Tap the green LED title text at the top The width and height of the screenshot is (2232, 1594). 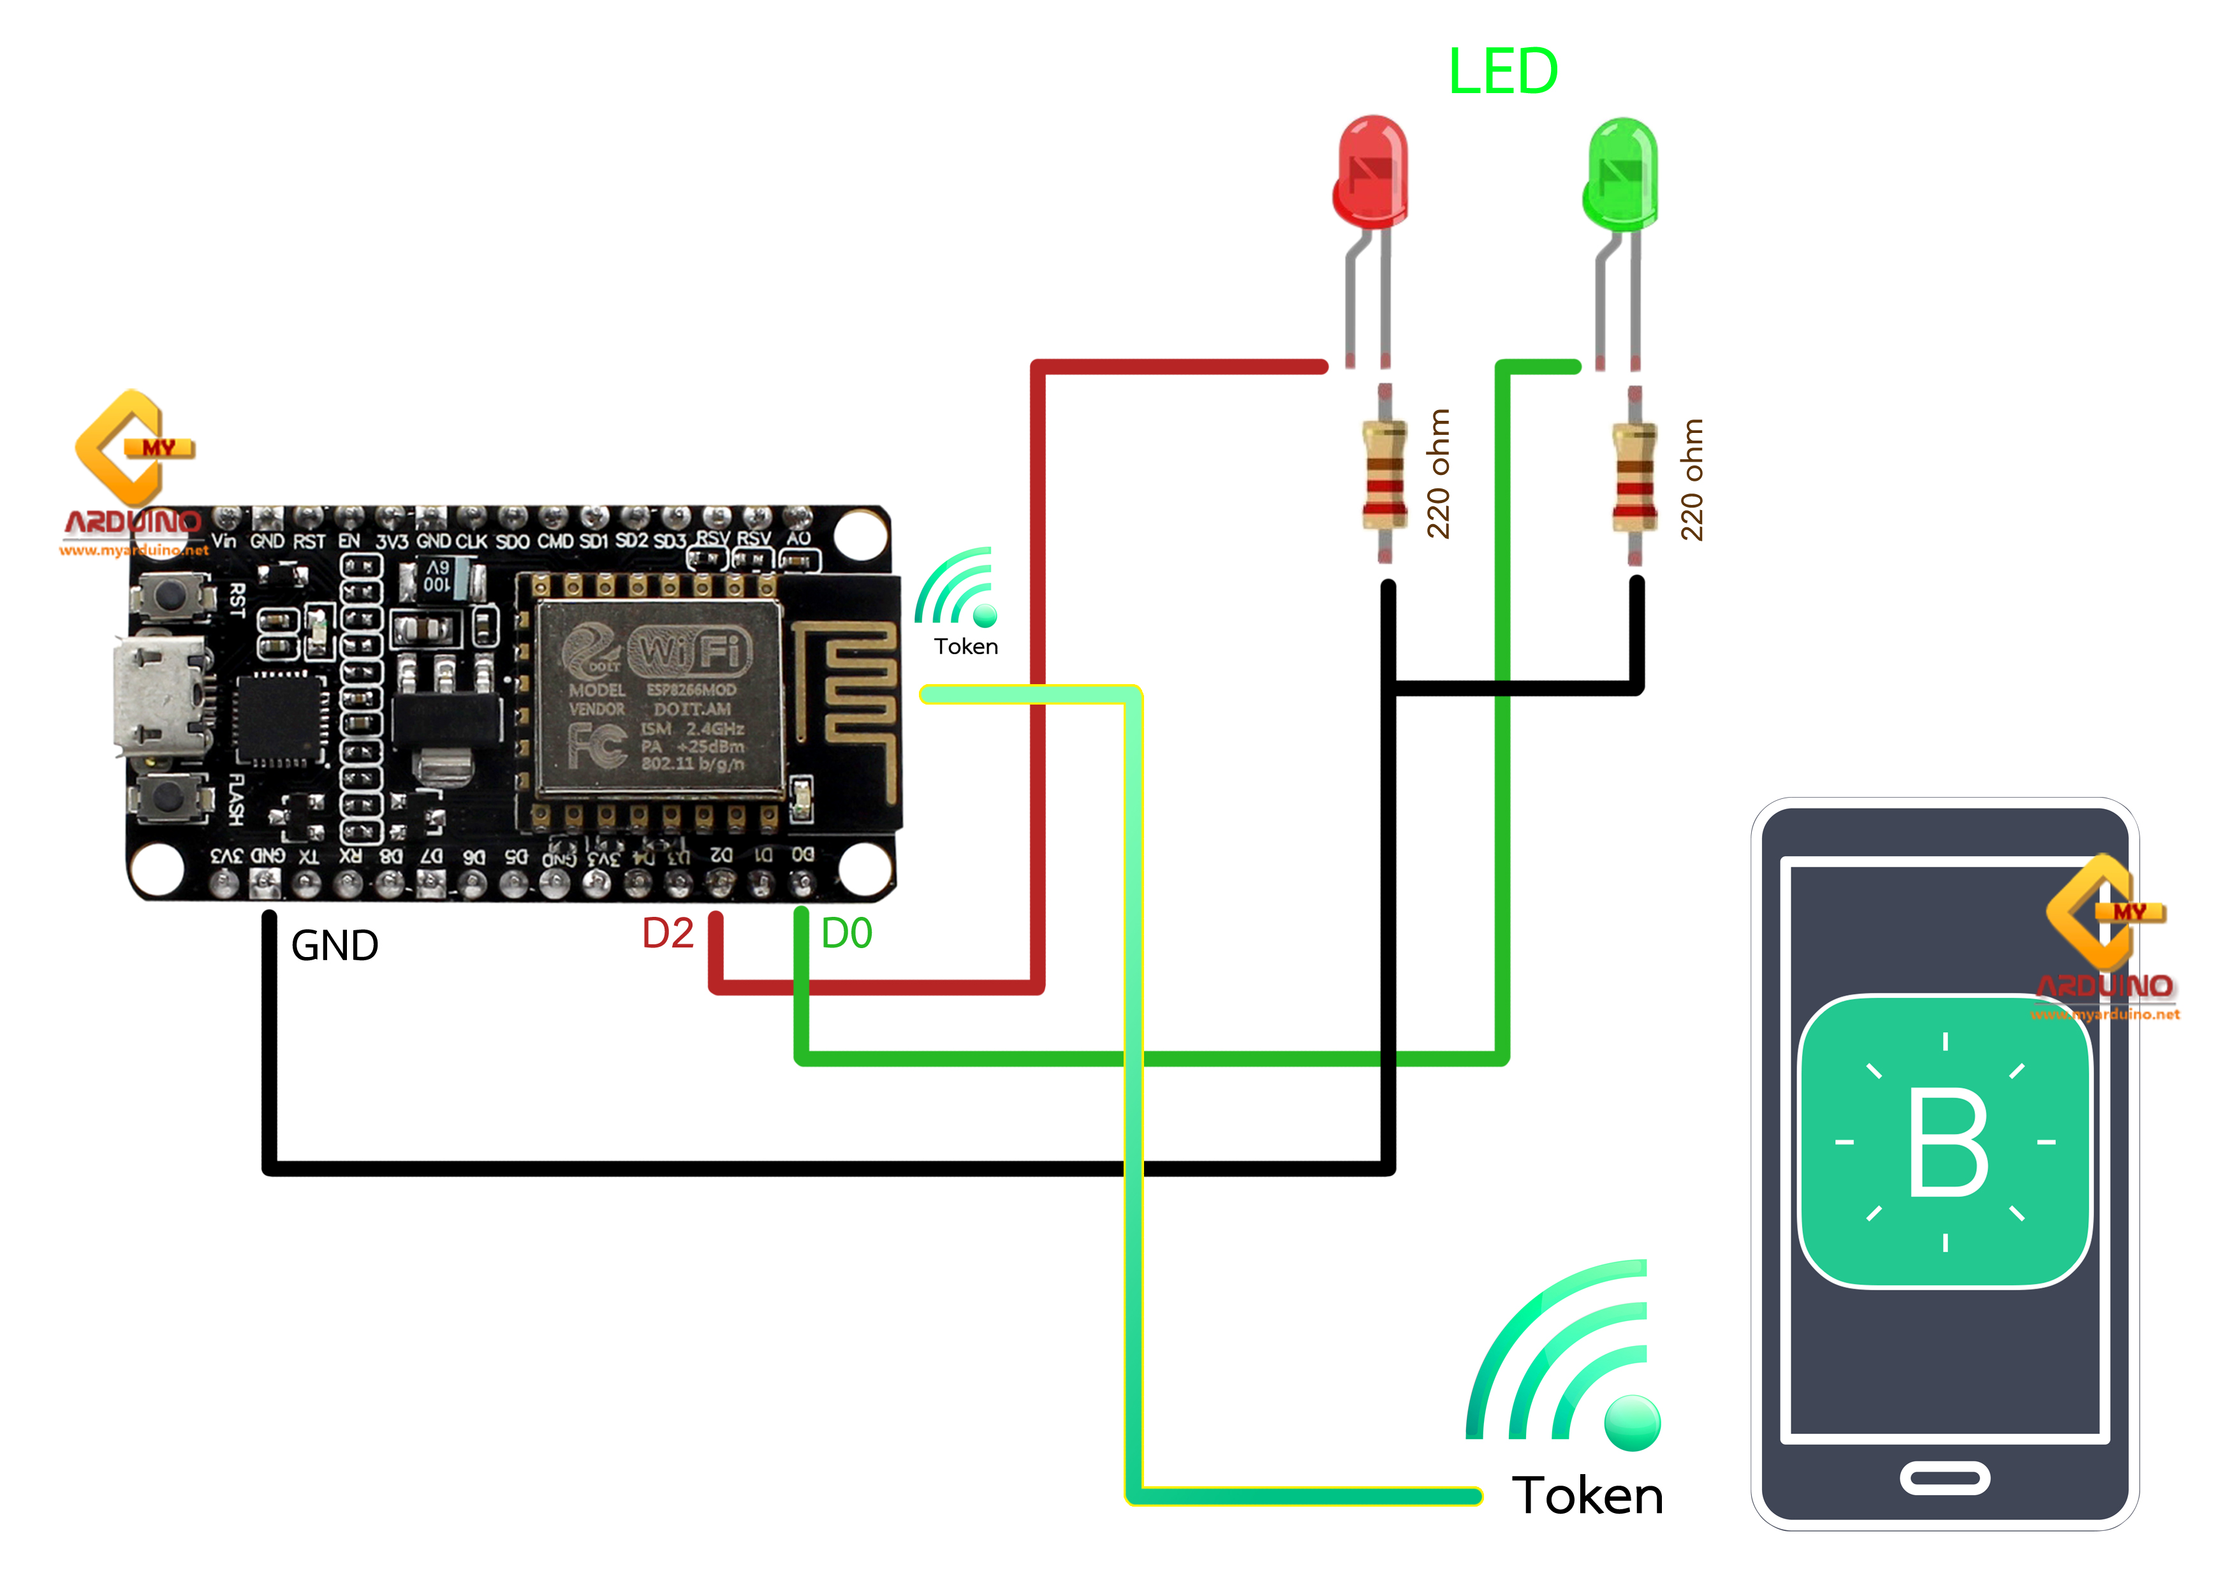tap(1502, 71)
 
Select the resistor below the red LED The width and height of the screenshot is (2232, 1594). tap(1384, 474)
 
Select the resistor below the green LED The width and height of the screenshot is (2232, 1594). tap(1634, 476)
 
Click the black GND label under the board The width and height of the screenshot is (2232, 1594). tap(335, 945)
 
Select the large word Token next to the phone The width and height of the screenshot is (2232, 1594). tap(1587, 1495)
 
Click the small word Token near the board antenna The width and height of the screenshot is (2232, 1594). tap(966, 646)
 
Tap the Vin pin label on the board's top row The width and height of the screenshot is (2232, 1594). tap(224, 541)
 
